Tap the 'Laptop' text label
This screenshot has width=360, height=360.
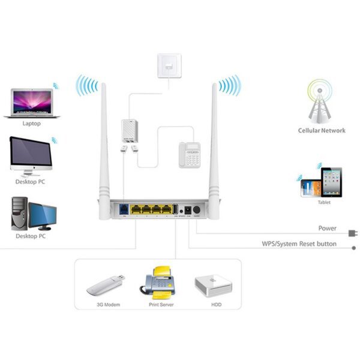[32, 124]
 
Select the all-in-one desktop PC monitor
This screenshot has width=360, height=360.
[30, 154]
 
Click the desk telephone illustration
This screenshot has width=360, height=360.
[190, 155]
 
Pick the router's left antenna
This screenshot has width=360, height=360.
[103, 138]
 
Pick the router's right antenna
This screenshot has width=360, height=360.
[215, 138]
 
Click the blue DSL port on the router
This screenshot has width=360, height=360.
[122, 210]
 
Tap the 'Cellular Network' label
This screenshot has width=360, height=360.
[322, 130]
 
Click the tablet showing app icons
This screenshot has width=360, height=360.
[331, 182]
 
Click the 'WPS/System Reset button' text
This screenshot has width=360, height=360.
[299, 244]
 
